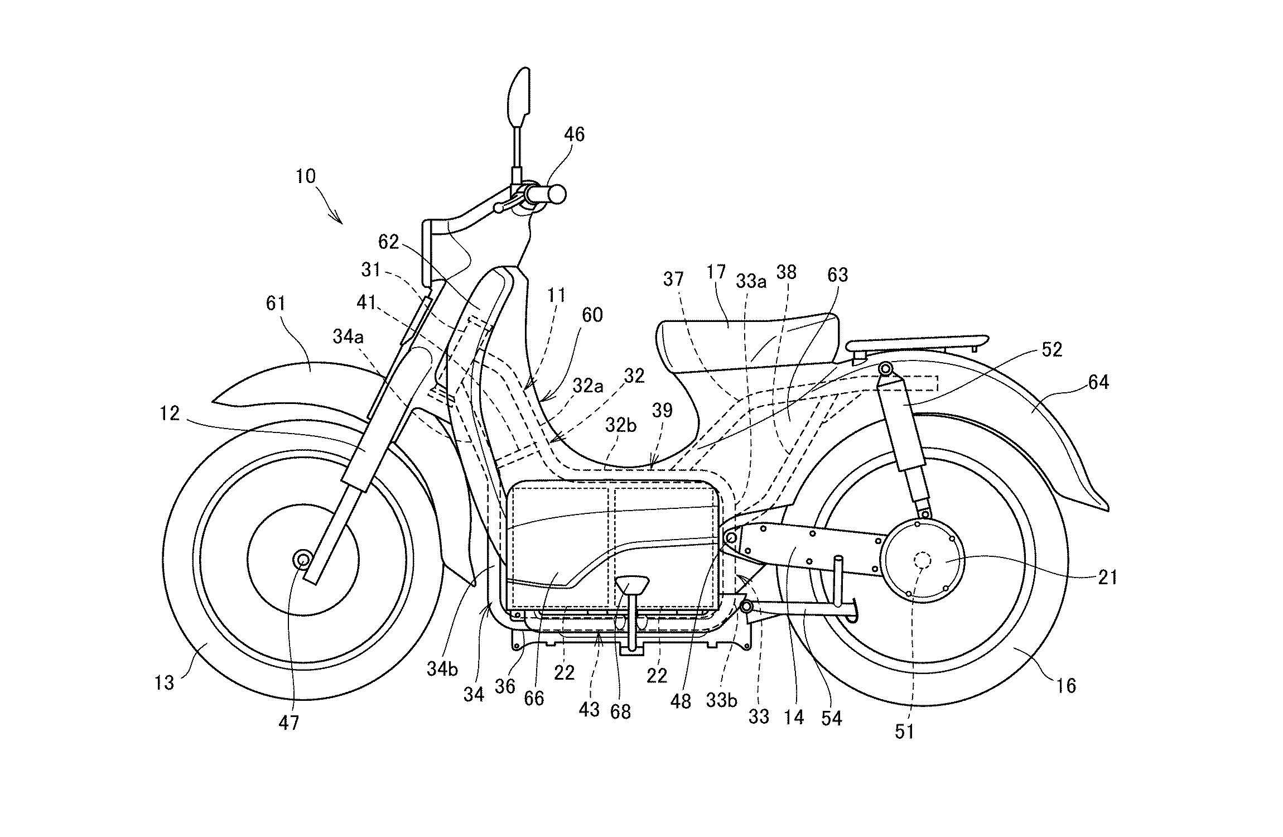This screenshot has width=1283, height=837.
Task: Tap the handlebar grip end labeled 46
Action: [556, 194]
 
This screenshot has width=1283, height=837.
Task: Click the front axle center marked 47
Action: [303, 559]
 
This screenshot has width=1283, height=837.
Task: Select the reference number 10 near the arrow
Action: [305, 176]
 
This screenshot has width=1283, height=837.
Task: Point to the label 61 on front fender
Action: [276, 304]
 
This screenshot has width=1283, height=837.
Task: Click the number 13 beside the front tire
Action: [164, 682]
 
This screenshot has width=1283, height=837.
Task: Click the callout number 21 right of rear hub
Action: [1107, 578]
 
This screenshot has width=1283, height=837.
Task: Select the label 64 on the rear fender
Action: [1098, 382]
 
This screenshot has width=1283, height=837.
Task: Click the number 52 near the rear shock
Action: [1051, 350]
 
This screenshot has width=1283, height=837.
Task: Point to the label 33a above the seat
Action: [751, 282]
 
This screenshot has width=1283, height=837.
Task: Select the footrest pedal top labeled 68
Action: [631, 586]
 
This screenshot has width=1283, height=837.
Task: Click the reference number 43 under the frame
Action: [589, 709]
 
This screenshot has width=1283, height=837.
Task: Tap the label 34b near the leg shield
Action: [442, 668]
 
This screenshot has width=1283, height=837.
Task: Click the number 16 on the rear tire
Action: [1066, 685]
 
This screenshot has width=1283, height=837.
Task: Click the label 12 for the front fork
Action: [169, 413]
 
